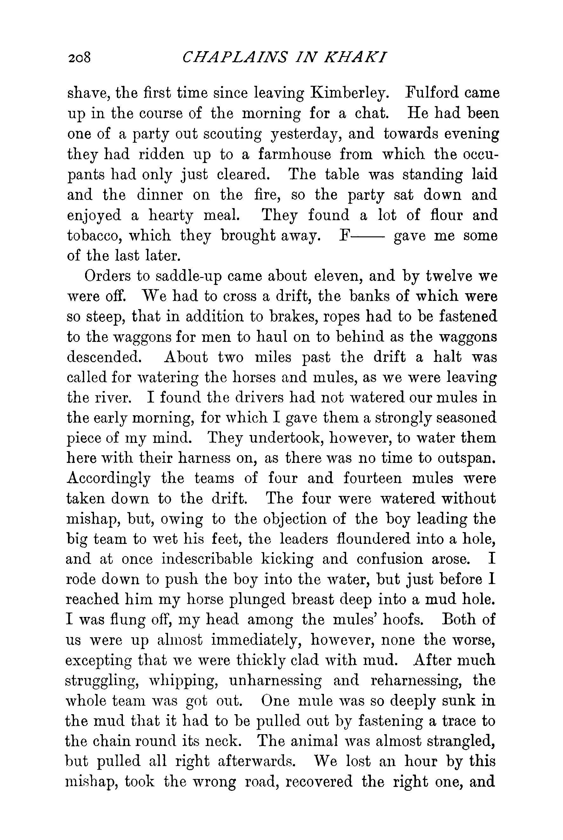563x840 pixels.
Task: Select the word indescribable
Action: point(207,559)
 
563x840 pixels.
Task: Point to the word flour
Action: point(445,215)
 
